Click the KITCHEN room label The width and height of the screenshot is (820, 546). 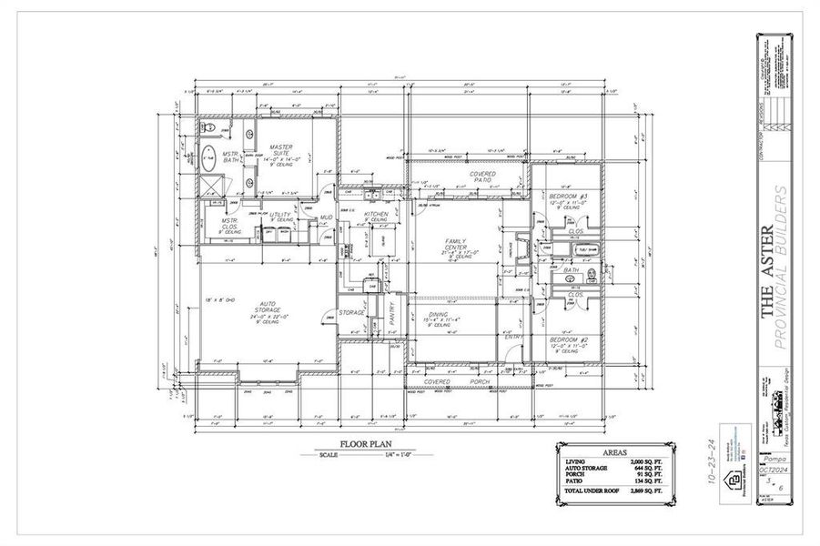click(x=376, y=215)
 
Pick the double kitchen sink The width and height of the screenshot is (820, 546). click(x=373, y=194)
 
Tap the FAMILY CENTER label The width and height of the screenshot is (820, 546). click(x=455, y=244)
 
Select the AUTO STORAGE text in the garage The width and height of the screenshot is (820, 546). click(x=267, y=307)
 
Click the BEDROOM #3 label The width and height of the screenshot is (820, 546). click(x=569, y=197)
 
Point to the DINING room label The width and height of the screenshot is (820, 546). click(x=443, y=314)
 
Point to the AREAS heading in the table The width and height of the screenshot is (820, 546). click(x=615, y=451)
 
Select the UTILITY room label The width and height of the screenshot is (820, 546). click(x=280, y=215)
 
